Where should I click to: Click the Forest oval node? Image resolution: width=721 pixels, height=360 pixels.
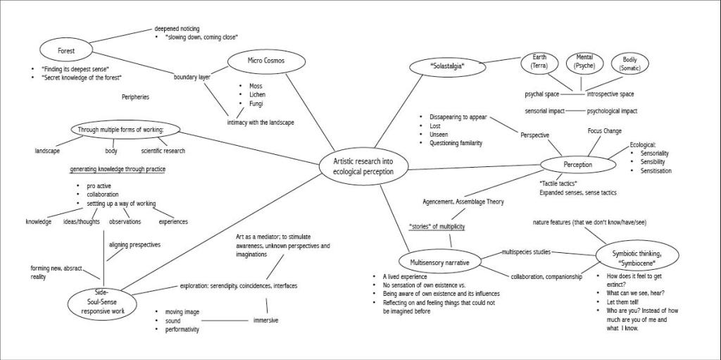pyautogui.click(x=65, y=51)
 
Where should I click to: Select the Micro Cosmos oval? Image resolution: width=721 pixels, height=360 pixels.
pyautogui.click(x=265, y=61)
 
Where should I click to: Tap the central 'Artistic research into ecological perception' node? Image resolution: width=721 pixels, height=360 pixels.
pyautogui.click(x=363, y=167)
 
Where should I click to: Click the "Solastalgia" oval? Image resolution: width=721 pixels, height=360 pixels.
pyautogui.click(x=448, y=66)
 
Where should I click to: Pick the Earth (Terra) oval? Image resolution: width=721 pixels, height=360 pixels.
pyautogui.click(x=540, y=62)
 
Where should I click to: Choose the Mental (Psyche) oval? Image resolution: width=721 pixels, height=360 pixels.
pyautogui.click(x=584, y=62)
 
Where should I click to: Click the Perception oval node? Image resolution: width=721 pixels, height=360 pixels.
pyautogui.click(x=577, y=165)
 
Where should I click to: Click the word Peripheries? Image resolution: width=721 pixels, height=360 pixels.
pyautogui.click(x=135, y=97)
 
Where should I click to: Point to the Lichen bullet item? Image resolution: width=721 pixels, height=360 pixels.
pyautogui.click(x=257, y=94)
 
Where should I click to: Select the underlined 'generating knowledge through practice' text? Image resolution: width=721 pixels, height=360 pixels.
pyautogui.click(x=118, y=169)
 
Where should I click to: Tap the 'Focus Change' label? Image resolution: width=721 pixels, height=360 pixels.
pyautogui.click(x=604, y=131)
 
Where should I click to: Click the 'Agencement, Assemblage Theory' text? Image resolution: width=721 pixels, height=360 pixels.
pyautogui.click(x=463, y=201)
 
